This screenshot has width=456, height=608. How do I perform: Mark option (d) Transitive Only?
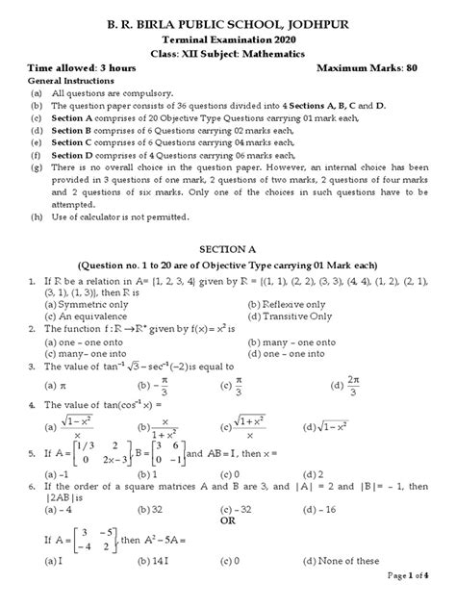pos(290,316)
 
